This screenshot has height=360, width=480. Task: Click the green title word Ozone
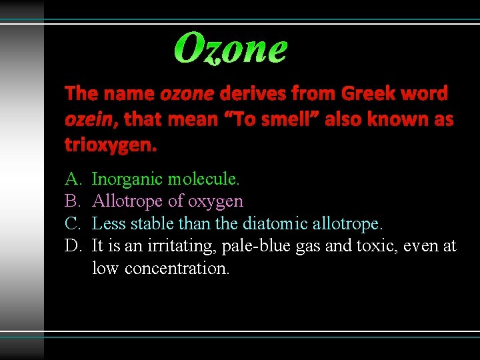[231, 48]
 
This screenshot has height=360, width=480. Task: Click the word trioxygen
[111, 145]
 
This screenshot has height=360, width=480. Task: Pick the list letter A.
[72, 179]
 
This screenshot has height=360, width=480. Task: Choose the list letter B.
[72, 201]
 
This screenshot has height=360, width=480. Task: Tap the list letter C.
[72, 223]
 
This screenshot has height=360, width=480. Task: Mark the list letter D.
[72, 246]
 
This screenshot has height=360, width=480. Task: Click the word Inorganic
[127, 179]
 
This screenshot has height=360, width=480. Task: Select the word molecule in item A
[204, 179]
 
